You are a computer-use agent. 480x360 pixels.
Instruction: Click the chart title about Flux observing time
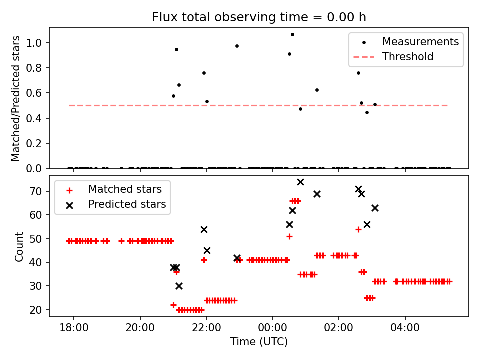[x=259, y=17]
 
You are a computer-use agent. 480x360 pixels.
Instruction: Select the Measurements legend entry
[x=420, y=42]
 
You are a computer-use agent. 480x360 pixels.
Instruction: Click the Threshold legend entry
[x=408, y=57]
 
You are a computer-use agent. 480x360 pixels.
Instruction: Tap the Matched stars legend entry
[x=125, y=189]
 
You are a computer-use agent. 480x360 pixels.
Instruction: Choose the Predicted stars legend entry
[x=127, y=204]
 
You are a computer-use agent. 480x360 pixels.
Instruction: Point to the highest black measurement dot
[x=292, y=34]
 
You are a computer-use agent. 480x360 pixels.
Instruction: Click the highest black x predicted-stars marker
[x=300, y=182]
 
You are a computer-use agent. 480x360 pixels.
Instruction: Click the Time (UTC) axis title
[x=259, y=342]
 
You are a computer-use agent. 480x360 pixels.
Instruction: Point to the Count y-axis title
[x=19, y=246]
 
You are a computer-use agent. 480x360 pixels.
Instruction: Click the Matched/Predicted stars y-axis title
[x=16, y=98]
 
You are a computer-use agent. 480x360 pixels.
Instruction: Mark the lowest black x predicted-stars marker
[x=179, y=286]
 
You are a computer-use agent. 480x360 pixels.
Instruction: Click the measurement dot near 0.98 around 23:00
[x=237, y=46]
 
